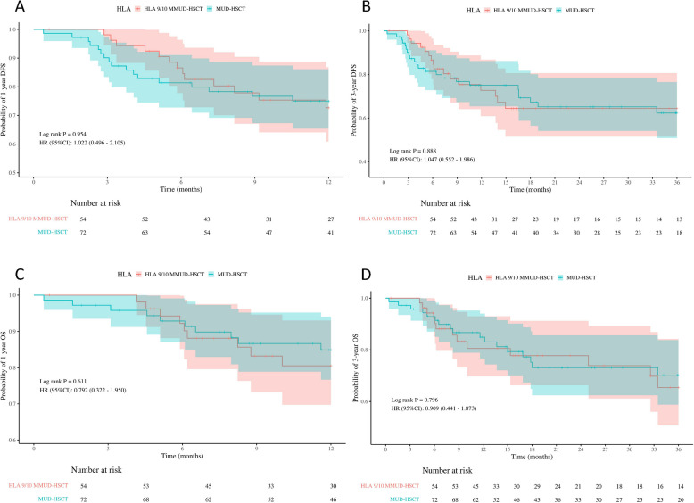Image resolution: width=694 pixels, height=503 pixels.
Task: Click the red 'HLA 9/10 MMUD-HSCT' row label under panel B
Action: click(388, 218)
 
